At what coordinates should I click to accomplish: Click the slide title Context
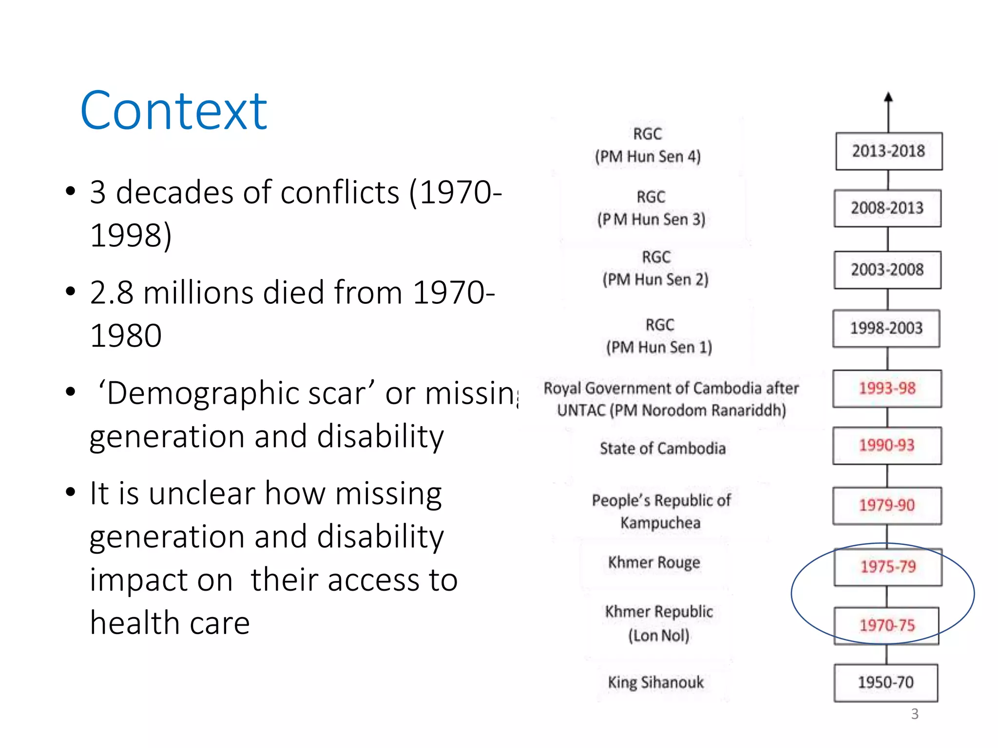pos(173,112)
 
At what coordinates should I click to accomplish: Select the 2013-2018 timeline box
pos(888,151)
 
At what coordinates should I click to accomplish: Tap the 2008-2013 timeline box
pos(887,208)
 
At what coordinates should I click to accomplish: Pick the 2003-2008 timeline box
pos(887,270)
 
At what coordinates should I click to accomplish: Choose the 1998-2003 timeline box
pos(886,328)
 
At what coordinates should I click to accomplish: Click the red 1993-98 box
pos(887,389)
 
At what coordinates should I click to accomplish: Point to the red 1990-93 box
pos(886,446)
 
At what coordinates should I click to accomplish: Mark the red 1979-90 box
pos(886,505)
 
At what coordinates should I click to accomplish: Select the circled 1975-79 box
pos(888,567)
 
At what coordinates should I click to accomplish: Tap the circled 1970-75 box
pos(886,626)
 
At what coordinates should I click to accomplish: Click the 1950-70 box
pos(885,683)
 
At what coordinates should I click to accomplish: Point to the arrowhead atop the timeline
pos(888,97)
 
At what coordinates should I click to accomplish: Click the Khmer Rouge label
pos(654,563)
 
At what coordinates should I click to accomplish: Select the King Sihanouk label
pos(655,683)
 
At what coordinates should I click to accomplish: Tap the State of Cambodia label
pos(662,449)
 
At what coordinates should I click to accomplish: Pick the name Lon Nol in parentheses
pos(658,636)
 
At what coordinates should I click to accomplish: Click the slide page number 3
pos(915,714)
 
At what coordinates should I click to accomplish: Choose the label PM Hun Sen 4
pos(648,157)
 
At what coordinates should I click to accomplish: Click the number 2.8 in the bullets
pos(112,293)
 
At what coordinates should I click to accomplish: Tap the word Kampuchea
pos(660,523)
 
